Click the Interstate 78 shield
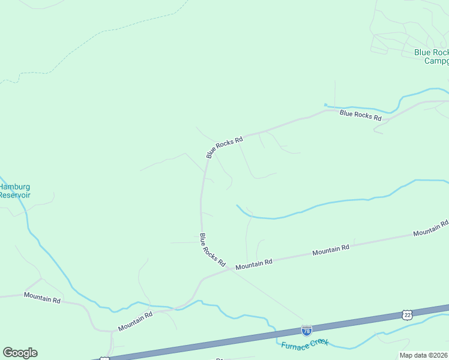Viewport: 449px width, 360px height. pyautogui.click(x=306, y=331)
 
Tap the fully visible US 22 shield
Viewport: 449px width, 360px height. pyautogui.click(x=408, y=314)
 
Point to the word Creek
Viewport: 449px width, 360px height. pyautogui.click(x=319, y=341)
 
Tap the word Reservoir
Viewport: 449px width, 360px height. pyautogui.click(x=14, y=195)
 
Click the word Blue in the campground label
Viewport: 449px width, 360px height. pyautogui.click(x=423, y=52)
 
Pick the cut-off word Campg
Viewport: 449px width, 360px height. pyautogui.click(x=436, y=61)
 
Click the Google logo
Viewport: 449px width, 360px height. pyautogui.click(x=20, y=353)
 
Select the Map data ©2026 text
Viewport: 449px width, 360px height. pyautogui.click(x=423, y=355)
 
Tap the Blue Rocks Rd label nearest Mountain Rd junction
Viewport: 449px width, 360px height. pyautogui.click(x=212, y=250)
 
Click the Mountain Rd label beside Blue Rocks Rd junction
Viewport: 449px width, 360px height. pyautogui.click(x=254, y=262)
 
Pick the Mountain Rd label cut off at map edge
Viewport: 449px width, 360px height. pyautogui.click(x=430, y=229)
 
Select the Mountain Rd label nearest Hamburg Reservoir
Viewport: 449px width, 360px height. pyautogui.click(x=42, y=297)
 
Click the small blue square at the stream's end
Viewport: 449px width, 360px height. pyautogui.click(x=325, y=106)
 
